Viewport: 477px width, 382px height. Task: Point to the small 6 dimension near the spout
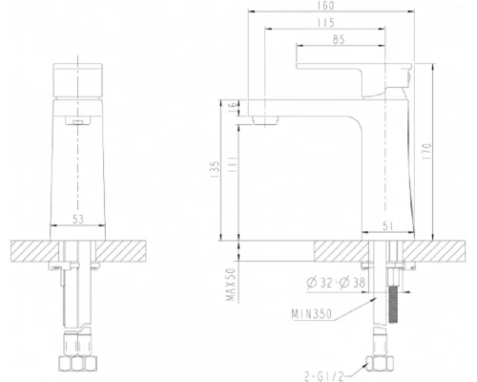[x=233, y=108]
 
